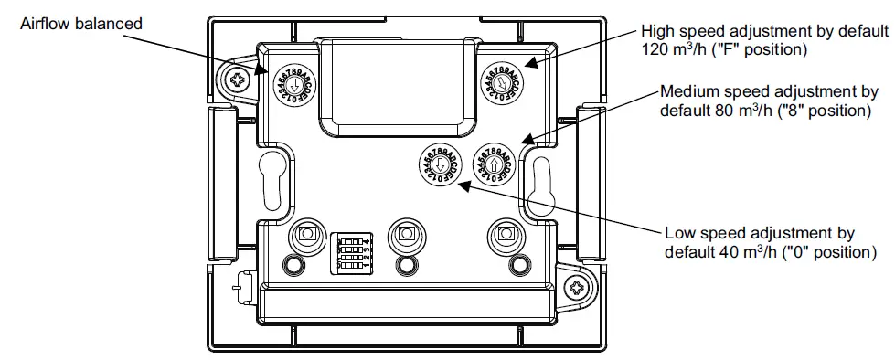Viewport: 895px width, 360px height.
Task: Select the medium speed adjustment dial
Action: click(495, 164)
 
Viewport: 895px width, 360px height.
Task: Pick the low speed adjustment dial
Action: click(440, 164)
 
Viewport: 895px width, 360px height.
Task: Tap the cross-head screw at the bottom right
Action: click(578, 288)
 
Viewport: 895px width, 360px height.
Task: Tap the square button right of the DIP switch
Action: click(402, 237)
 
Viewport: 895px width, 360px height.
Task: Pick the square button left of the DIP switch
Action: click(304, 237)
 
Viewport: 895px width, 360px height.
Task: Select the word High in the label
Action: click(658, 31)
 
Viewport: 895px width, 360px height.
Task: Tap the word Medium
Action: click(688, 92)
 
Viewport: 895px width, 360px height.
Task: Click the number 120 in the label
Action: click(655, 50)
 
